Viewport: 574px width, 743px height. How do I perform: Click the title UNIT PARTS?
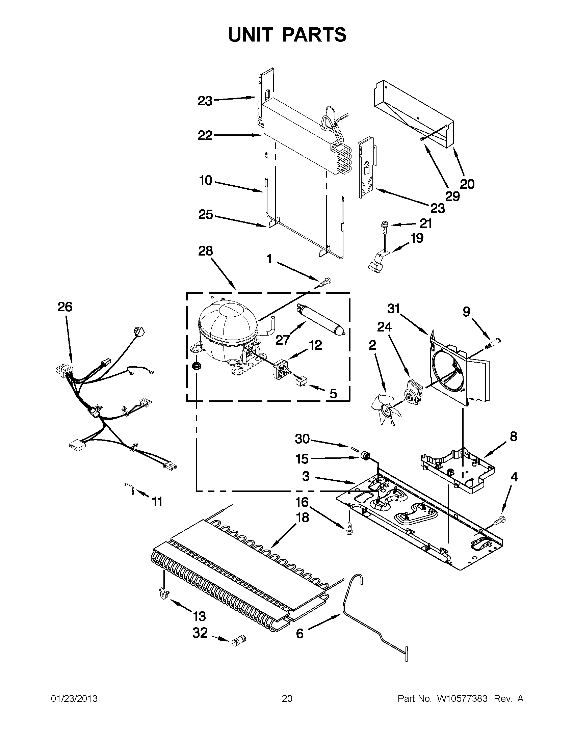(287, 35)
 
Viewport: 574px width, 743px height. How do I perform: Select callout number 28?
(205, 251)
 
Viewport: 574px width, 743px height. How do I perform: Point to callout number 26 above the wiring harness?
(64, 307)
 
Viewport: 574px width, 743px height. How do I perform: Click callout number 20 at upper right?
(467, 184)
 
